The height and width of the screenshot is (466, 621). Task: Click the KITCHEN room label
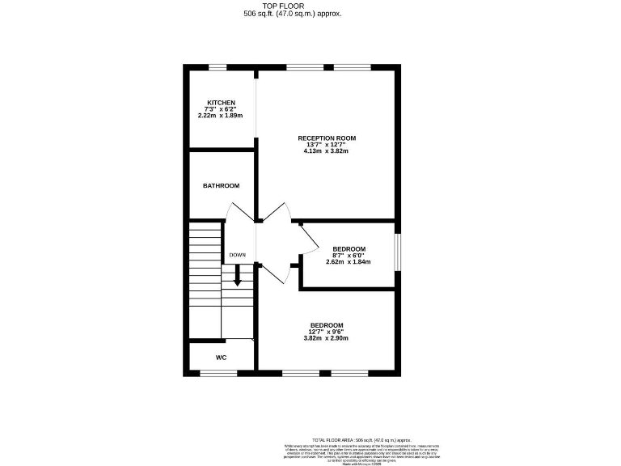[x=221, y=103]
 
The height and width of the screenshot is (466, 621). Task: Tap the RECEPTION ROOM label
[x=327, y=138]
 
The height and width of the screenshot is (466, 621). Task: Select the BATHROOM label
[x=221, y=186]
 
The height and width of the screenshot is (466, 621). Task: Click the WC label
[x=221, y=357]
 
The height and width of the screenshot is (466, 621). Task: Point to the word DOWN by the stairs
[x=237, y=256]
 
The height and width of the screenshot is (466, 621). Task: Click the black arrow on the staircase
[x=238, y=277]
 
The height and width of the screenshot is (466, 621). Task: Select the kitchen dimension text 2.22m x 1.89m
[x=221, y=116]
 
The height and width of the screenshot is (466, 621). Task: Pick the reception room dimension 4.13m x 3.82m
[x=327, y=151]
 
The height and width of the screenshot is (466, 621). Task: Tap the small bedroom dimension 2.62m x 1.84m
[x=349, y=262]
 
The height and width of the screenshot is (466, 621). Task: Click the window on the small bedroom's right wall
[x=397, y=252]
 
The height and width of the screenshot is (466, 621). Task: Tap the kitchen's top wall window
[x=218, y=67]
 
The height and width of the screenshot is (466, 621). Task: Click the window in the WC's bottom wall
[x=218, y=372]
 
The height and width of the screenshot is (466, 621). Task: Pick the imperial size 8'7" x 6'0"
[x=349, y=256]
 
